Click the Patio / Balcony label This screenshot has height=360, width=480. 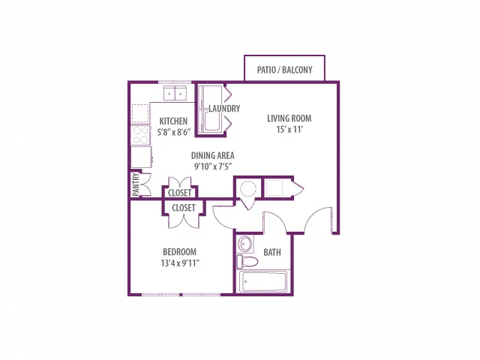click(285, 70)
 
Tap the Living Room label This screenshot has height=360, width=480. click(289, 118)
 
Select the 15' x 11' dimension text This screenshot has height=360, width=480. click(289, 129)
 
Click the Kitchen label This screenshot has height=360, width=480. click(173, 121)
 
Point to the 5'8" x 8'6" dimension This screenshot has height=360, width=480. click(174, 132)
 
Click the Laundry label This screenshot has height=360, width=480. click(224, 108)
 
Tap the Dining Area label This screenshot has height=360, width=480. click(213, 155)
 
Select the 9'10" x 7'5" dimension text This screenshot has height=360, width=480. click(213, 166)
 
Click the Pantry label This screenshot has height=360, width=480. click(136, 184)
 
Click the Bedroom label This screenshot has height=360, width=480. click(180, 252)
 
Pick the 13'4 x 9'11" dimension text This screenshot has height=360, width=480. click(180, 263)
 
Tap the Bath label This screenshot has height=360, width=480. click(272, 252)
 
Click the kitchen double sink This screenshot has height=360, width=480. click(175, 93)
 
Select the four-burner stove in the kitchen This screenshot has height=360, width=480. click(140, 135)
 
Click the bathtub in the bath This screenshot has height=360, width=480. click(263, 282)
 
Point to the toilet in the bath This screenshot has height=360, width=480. click(247, 262)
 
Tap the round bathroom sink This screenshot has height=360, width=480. click(245, 244)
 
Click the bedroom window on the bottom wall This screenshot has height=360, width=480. click(181, 295)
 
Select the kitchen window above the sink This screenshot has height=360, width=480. click(175, 82)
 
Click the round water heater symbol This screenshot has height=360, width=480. click(248, 188)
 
